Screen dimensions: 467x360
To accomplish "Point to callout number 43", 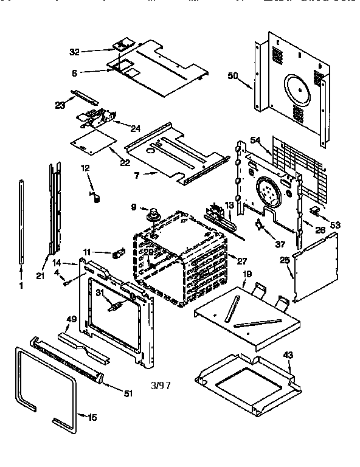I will click(x=288, y=355).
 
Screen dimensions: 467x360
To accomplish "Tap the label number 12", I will click(x=85, y=168).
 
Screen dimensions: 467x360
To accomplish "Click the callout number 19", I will click(x=247, y=275).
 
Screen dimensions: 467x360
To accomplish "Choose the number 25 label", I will click(x=284, y=260).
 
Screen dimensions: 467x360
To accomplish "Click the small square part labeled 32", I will click(x=122, y=44).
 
